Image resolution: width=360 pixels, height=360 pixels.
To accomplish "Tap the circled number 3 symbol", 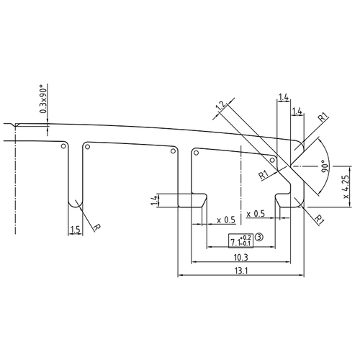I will (x=258, y=235).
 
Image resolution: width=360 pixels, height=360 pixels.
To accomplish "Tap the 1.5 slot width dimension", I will (x=75, y=230).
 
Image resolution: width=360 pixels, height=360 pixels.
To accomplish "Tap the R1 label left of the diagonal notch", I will (x=263, y=174).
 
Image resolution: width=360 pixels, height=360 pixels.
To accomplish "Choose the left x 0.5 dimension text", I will (x=225, y=219).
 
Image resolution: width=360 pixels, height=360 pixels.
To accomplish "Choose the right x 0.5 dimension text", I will (x=255, y=215).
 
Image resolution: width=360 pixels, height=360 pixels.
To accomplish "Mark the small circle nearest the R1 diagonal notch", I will (x=272, y=160).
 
